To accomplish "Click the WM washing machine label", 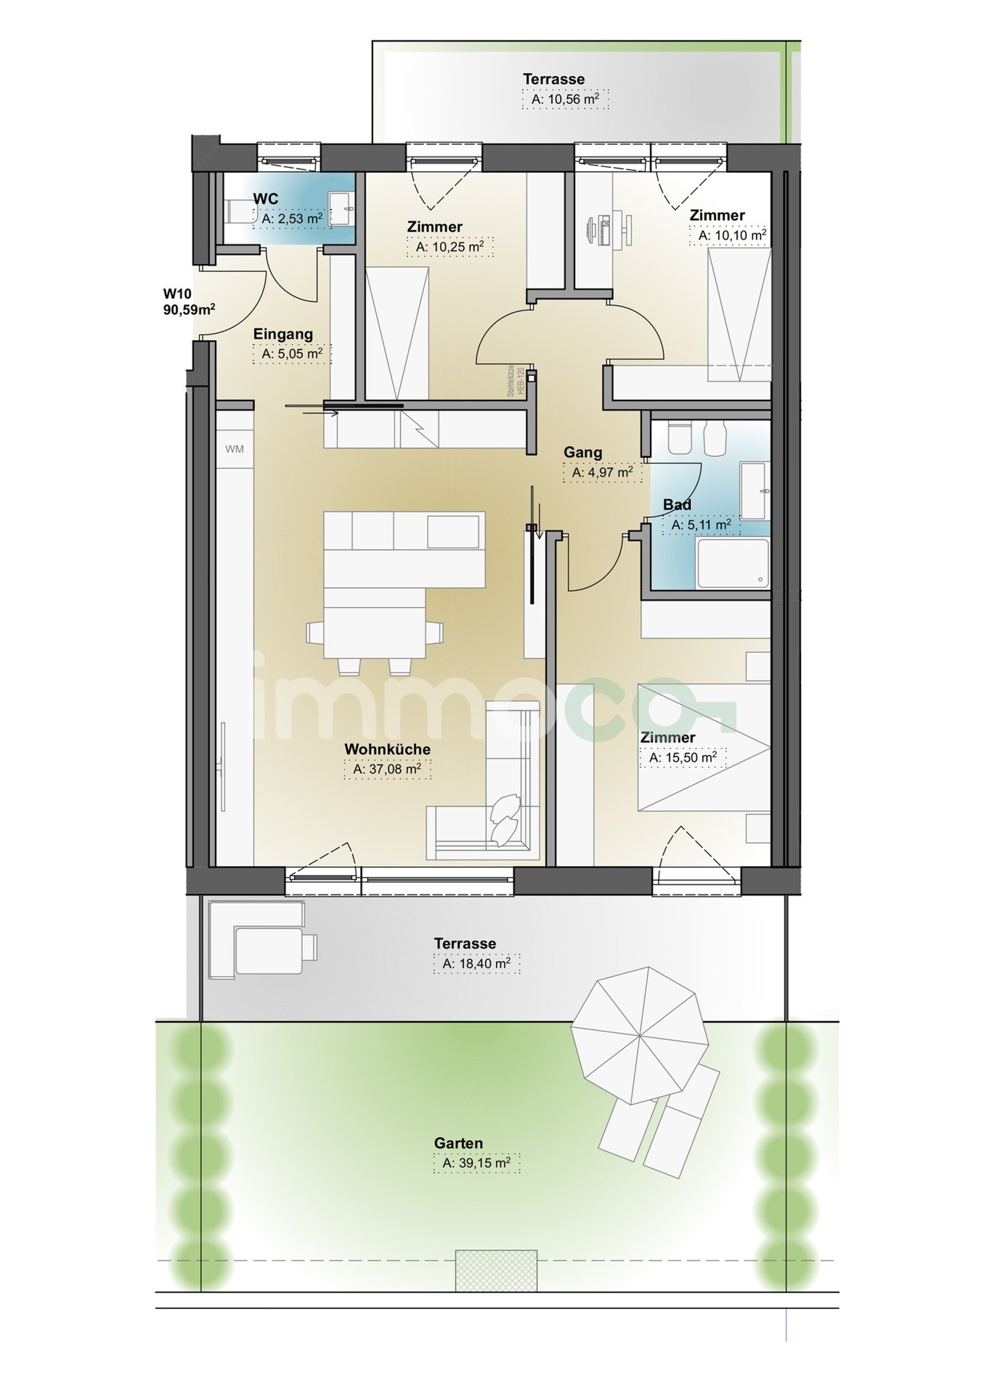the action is tap(235, 449).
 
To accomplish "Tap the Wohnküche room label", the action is tap(387, 749).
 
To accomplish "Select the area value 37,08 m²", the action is tap(387, 768).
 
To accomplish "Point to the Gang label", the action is tap(583, 453).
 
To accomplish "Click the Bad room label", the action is tap(677, 505).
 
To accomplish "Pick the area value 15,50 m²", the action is tap(683, 757).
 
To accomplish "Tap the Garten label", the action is tap(459, 1143).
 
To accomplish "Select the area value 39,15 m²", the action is tap(476, 1163).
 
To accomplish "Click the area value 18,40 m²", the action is tap(476, 964).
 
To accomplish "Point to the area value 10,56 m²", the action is tap(566, 99).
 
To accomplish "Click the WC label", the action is tap(265, 199).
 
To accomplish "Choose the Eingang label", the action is tap(283, 334).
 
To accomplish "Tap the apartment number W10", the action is tap(177, 293).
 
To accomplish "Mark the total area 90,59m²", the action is tap(189, 309).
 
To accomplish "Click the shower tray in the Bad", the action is tap(733, 563).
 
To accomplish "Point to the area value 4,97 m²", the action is tap(603, 473).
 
